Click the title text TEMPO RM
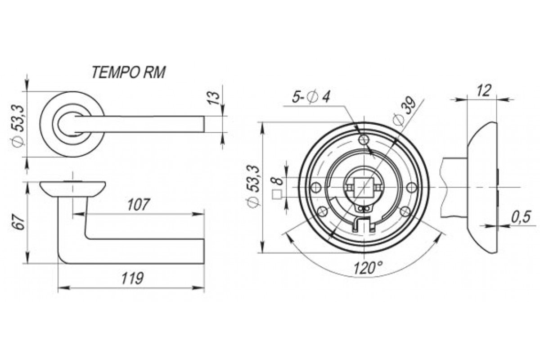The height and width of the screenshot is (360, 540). click(129, 72)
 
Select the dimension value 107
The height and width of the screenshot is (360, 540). click(139, 204)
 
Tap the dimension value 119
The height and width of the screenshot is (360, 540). click(132, 278)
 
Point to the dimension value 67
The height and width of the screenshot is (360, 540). click(19, 221)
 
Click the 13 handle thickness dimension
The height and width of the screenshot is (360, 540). click(214, 98)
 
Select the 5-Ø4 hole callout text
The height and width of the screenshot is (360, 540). click(311, 97)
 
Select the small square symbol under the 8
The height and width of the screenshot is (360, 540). click(277, 194)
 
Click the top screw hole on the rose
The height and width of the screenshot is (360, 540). click(364, 139)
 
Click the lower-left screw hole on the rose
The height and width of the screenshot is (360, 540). click(323, 211)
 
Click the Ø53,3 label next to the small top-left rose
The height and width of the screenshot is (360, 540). click(19, 126)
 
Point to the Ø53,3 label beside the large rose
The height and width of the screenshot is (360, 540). click(254, 186)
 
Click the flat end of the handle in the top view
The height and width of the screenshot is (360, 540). click(204, 124)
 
